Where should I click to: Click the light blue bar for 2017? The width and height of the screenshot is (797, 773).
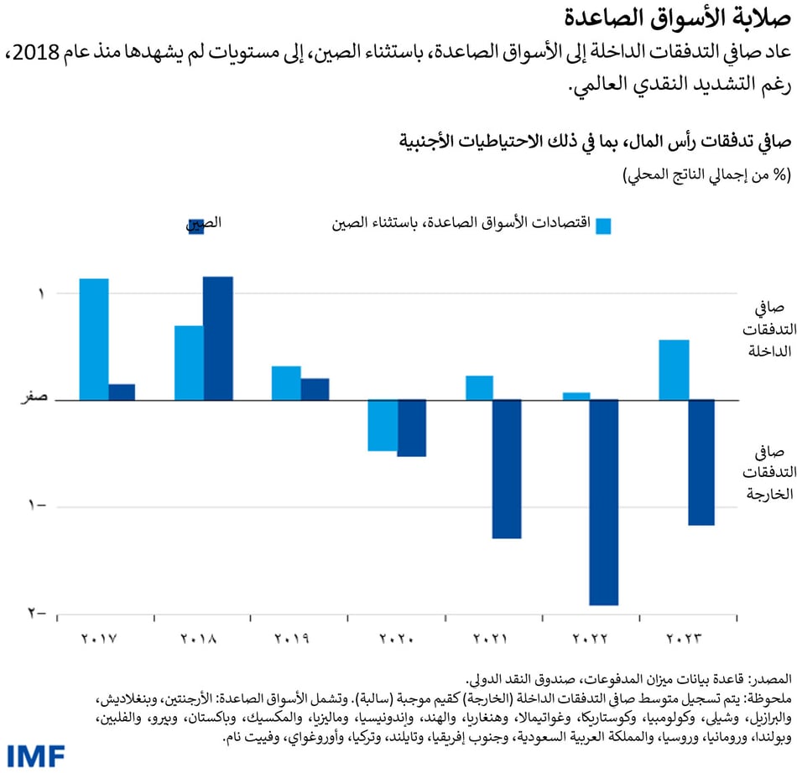click(94, 339)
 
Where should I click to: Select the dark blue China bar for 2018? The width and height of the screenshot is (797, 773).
click(218, 338)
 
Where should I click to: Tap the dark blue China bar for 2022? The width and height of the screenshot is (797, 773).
click(603, 501)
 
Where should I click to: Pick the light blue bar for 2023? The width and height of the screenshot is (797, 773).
click(674, 370)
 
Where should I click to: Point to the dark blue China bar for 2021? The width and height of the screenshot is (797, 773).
click(507, 468)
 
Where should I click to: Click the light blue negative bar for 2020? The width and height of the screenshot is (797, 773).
click(383, 425)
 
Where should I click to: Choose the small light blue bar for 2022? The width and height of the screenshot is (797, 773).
click(576, 396)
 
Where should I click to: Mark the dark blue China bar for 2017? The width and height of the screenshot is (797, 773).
click(122, 392)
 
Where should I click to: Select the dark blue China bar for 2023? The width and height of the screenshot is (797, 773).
click(701, 462)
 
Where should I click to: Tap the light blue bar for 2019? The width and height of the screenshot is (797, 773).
click(286, 382)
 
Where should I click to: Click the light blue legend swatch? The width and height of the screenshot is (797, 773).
click(604, 226)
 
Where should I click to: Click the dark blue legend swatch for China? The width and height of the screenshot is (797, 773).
click(196, 226)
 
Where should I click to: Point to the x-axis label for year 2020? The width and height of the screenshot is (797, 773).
click(396, 639)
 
